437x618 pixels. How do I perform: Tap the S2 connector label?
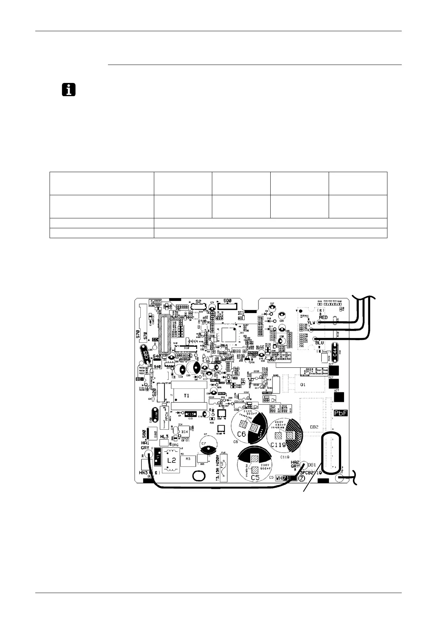(198, 301)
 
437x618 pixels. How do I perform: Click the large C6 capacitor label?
(241, 434)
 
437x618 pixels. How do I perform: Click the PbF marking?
(340, 413)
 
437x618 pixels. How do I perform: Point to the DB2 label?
(314, 427)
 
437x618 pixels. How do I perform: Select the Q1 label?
(303, 385)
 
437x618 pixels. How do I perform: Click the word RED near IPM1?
(323, 317)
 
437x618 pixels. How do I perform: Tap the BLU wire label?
(319, 343)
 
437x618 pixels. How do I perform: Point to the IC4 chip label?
(184, 432)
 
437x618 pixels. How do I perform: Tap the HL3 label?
(164, 436)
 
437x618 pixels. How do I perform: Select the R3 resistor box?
(188, 459)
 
